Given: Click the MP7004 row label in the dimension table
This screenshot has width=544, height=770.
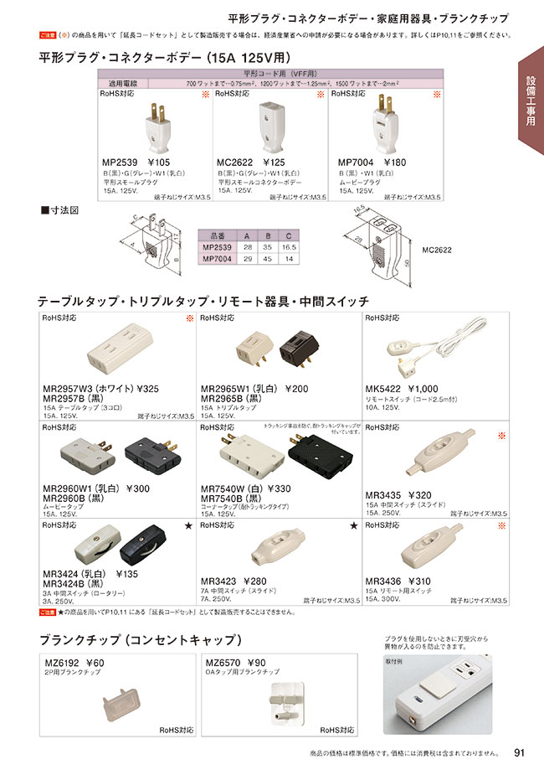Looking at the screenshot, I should [216, 259].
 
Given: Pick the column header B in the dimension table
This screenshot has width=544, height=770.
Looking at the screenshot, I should [267, 236].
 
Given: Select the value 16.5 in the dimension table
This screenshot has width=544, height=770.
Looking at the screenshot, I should [289, 248].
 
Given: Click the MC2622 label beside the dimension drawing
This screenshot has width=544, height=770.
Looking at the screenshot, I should [439, 249].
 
